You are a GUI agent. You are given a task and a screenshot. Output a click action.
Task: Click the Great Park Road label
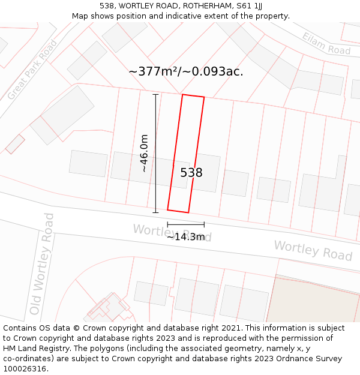[32, 70]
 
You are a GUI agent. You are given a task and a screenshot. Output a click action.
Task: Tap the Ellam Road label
[326, 43]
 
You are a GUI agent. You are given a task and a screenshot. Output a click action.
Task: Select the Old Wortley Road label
[42, 264]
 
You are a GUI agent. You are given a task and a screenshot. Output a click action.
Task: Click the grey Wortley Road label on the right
[313, 250]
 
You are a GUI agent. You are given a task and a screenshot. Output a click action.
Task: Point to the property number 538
[191, 173]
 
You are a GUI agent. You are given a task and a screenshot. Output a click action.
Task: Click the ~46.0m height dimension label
[144, 154]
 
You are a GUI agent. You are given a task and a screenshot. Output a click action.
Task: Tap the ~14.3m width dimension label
[185, 236]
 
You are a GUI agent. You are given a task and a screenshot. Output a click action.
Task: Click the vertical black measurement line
[156, 153]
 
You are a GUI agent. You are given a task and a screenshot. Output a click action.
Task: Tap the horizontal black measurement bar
[185, 224]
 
